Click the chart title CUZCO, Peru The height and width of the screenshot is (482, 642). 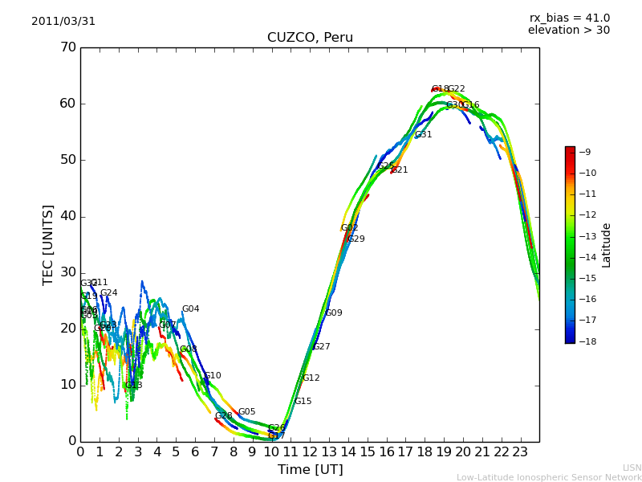(x=310, y=38)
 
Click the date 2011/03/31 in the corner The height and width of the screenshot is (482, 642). (x=63, y=22)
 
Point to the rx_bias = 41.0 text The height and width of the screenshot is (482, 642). (x=569, y=18)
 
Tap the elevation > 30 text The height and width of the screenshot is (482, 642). (x=568, y=31)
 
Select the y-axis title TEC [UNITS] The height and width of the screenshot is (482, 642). (x=48, y=244)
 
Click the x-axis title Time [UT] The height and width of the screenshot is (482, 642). (x=310, y=470)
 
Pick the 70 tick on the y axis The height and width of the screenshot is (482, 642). (x=67, y=47)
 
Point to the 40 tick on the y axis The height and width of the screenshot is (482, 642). (x=67, y=216)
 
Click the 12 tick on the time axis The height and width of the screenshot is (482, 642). (x=310, y=452)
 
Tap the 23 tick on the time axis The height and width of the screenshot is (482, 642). (x=520, y=452)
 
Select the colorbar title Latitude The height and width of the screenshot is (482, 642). (x=607, y=245)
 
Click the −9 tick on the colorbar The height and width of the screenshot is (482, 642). (x=586, y=152)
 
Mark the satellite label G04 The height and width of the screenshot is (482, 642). (x=190, y=309)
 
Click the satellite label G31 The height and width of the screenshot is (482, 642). (x=423, y=135)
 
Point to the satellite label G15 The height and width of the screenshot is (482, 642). (x=303, y=402)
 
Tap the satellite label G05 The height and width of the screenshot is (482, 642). (x=246, y=412)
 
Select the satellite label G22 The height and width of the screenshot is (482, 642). (x=456, y=89)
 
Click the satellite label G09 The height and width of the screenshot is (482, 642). (x=333, y=313)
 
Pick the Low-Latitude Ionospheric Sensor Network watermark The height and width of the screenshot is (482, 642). (x=549, y=478)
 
